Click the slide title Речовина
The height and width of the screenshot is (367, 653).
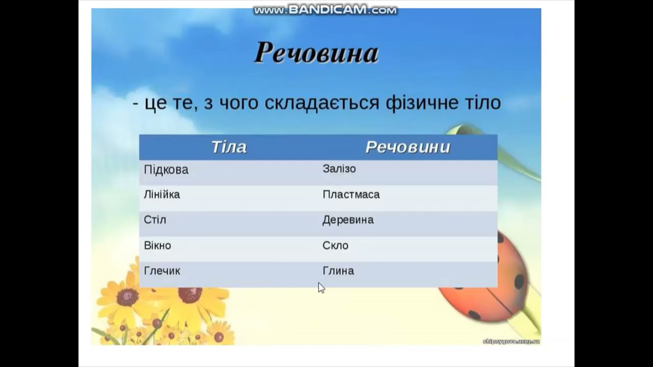pos(316,53)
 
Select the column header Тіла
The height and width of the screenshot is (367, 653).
pos(229,147)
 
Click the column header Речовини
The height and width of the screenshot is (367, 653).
pos(408,147)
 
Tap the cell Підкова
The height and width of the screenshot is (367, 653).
pos(166,170)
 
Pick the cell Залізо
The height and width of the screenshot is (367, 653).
pos(339,169)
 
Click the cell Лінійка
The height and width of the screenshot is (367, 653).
pos(162,195)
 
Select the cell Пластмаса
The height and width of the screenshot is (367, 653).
pos(351,195)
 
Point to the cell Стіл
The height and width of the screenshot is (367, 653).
pos(155,220)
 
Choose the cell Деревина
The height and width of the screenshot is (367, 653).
pos(348,220)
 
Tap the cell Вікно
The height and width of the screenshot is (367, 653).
pos(158,246)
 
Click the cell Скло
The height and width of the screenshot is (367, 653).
pos(336,246)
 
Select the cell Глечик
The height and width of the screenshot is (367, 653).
pos(162,271)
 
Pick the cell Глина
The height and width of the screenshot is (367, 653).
pos(338,271)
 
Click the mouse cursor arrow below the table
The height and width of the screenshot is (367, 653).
pos(321,288)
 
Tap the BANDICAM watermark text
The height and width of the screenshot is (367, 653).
pos(325,10)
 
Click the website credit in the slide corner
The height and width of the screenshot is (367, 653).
pos(511,341)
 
